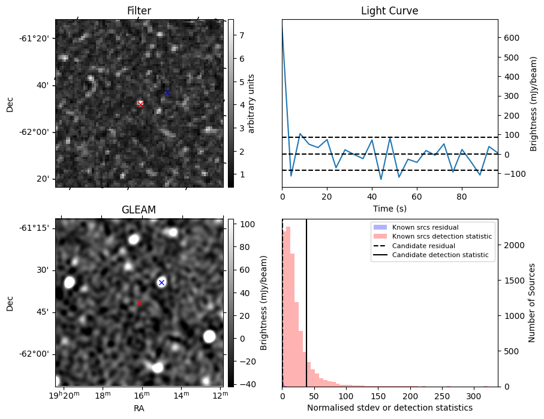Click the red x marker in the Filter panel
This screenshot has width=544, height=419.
(x=140, y=104)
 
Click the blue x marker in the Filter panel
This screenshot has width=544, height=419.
(x=167, y=92)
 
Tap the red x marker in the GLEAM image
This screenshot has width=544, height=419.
(x=139, y=303)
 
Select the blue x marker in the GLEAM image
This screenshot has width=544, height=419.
(x=161, y=282)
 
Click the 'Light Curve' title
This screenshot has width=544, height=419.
(x=389, y=11)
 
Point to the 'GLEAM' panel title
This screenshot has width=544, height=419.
(x=139, y=210)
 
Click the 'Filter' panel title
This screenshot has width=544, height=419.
(x=139, y=11)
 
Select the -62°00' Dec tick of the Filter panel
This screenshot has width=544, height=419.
(x=37, y=132)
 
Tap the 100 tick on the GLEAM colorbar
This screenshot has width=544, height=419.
(x=248, y=224)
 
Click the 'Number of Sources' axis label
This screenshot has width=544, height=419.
(x=532, y=303)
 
